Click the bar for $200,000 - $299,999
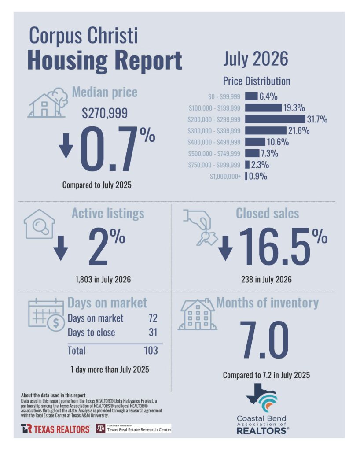tap(275, 119)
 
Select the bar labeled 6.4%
tap(251, 96)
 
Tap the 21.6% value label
tap(299, 131)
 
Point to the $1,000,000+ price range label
tap(225, 176)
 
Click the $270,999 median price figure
tap(105, 113)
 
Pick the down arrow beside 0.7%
tap(66, 145)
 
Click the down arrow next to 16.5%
tap(225, 248)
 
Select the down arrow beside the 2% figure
tap(61, 248)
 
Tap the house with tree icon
tap(48, 103)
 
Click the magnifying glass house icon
tap(39, 224)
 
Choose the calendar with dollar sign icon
tap(46, 314)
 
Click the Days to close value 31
tap(153, 333)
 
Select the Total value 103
tap(151, 351)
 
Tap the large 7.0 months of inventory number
tap(264, 340)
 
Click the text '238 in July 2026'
tap(266, 279)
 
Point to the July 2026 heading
tap(256, 59)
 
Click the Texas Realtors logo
tap(55, 429)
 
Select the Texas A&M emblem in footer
tap(100, 429)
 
